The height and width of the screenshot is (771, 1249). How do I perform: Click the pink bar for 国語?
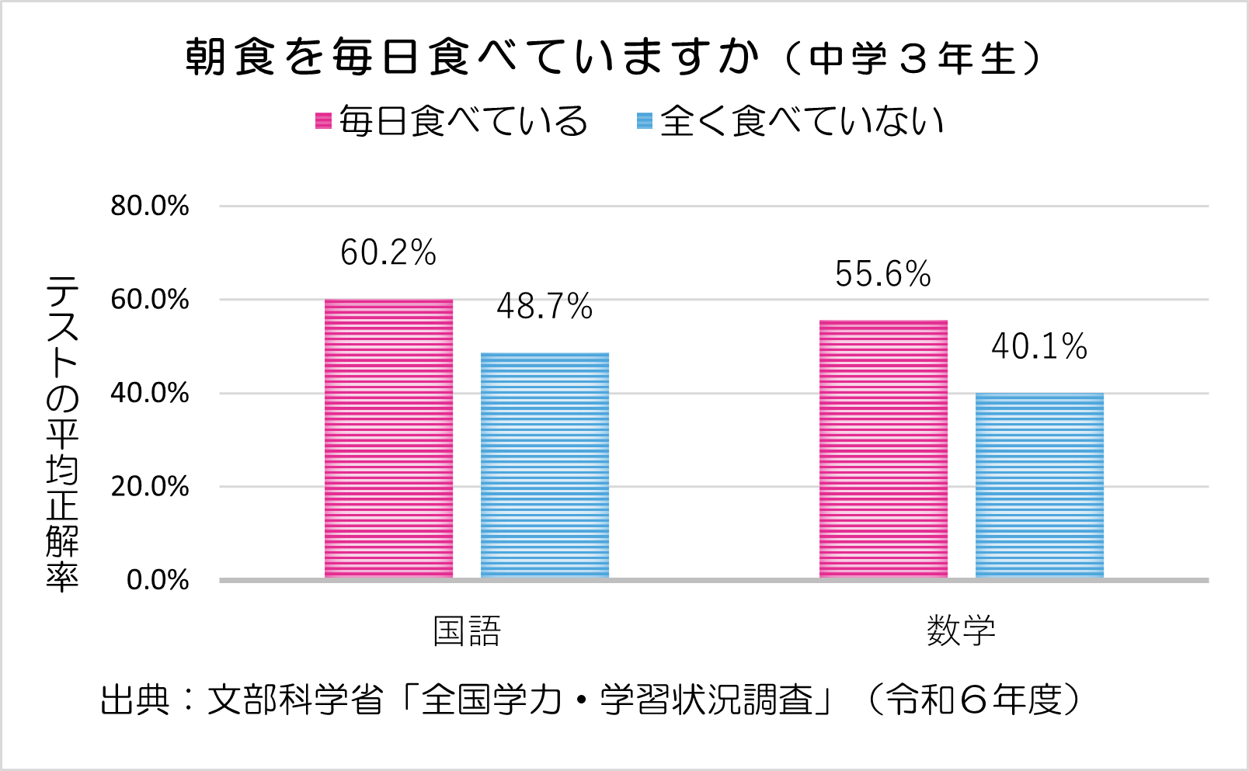tap(388, 439)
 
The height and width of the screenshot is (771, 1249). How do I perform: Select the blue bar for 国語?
tap(544, 465)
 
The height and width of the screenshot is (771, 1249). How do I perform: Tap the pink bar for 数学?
tap(883, 449)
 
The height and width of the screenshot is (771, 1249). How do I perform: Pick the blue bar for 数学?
tap(1039, 485)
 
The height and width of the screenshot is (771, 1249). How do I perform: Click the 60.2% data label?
tap(388, 252)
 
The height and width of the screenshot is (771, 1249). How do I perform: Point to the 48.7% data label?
tap(544, 307)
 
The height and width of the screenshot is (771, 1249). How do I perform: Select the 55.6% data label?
tap(883, 274)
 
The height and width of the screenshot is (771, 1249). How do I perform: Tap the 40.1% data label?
tap(1039, 346)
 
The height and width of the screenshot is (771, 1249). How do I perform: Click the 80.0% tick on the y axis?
tap(150, 206)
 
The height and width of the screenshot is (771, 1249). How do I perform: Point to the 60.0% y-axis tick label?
tap(150, 300)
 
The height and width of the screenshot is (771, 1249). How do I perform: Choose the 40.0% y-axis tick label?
tap(150, 393)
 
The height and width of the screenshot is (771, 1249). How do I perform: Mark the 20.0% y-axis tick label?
tap(150, 487)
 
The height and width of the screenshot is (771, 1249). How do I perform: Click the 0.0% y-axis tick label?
tap(158, 580)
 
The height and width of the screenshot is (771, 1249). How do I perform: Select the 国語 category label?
tap(467, 631)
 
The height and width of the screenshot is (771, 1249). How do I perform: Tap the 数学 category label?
tap(961, 631)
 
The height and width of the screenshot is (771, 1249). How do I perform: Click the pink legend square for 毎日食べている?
tap(323, 121)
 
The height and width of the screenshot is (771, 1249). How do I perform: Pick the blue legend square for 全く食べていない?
tap(645, 121)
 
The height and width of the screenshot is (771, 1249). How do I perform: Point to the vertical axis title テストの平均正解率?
tap(62, 433)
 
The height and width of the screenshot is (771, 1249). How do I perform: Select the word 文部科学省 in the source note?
tap(296, 700)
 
